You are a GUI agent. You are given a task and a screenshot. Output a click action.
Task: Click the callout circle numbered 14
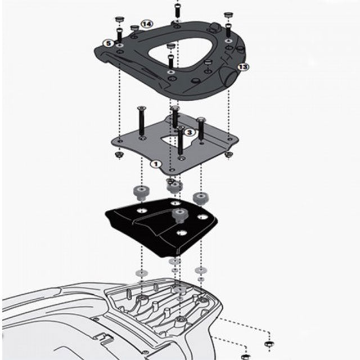click(x=147, y=24)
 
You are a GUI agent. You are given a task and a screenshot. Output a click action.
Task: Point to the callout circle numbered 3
click(x=190, y=132)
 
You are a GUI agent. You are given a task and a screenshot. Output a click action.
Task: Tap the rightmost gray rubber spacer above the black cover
click(x=200, y=197)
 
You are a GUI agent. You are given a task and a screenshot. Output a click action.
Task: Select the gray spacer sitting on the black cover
click(x=180, y=214)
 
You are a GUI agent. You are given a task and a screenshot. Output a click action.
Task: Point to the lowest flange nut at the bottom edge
click(x=246, y=355)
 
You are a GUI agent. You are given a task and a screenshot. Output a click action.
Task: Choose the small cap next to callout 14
click(x=134, y=28)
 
